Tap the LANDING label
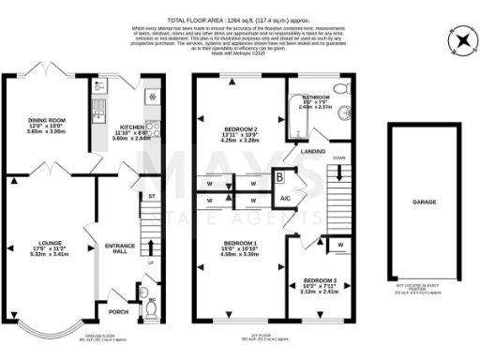tap(312, 150)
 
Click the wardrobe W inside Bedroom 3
tap(338, 246)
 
